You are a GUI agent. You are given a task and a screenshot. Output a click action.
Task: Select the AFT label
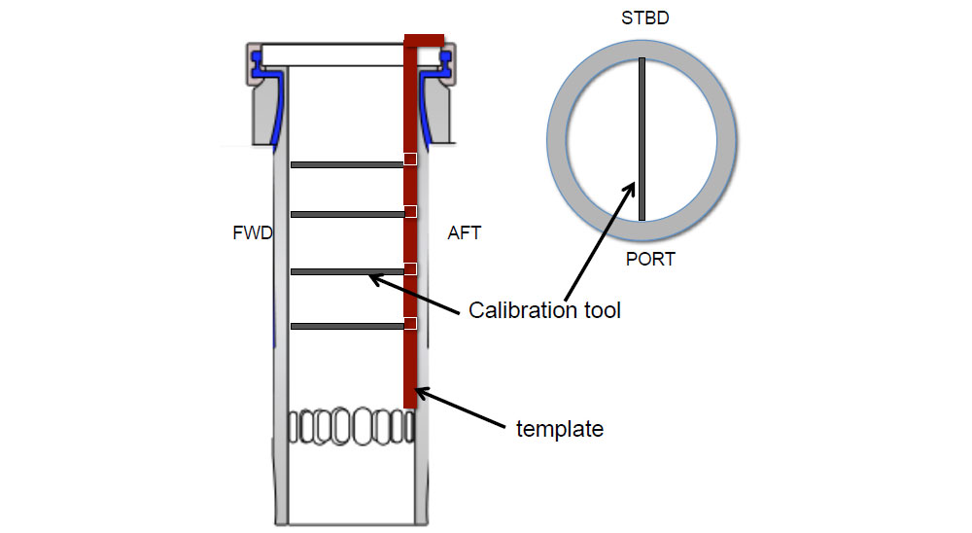point(464,233)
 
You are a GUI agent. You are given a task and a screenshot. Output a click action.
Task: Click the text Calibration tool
point(544,310)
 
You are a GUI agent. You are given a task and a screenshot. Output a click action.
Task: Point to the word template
point(560,428)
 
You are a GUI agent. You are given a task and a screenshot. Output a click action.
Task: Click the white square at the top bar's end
point(410,159)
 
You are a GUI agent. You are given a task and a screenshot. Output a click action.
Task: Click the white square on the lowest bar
point(410,323)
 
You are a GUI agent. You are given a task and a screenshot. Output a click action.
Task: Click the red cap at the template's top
point(424,39)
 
